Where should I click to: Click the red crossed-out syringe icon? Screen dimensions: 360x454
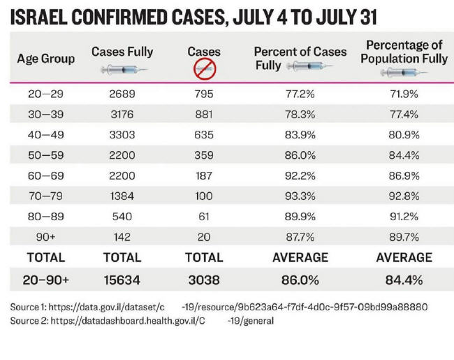point(204,69)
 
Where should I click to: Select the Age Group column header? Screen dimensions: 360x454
point(45,59)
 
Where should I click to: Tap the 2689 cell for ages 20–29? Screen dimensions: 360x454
point(122,93)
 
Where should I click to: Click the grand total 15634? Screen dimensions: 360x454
point(122,280)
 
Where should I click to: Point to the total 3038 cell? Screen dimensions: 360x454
point(204,280)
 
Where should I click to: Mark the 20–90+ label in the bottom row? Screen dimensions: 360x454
point(45,280)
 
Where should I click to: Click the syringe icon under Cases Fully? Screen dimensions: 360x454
point(122,69)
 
